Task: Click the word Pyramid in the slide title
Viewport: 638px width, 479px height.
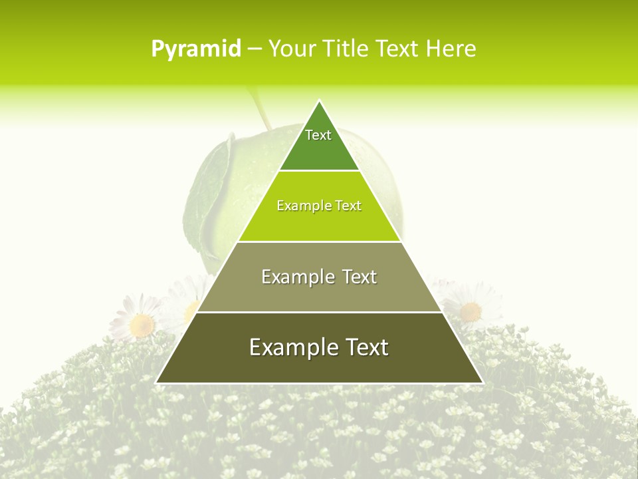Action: (x=196, y=49)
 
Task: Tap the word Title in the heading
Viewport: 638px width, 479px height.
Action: (x=348, y=49)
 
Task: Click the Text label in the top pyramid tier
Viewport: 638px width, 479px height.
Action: (x=318, y=135)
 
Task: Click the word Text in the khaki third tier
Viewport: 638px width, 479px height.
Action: (x=360, y=277)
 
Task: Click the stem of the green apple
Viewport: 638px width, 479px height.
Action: (x=259, y=110)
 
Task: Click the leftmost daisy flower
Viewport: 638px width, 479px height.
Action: (x=142, y=323)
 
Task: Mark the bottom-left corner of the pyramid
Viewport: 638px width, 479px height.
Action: (x=157, y=383)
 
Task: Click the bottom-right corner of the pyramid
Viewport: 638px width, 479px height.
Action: (x=482, y=383)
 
